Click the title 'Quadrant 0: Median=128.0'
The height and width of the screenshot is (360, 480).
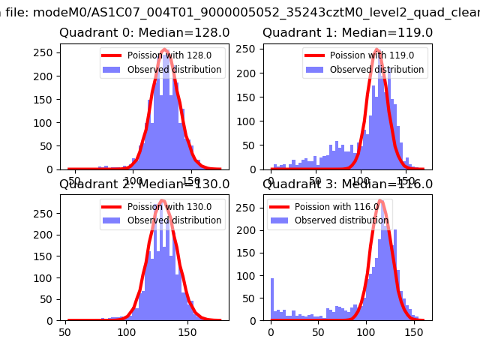point(144,33)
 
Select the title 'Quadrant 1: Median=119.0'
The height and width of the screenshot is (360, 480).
point(347,33)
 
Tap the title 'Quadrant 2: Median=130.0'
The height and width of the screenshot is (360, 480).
point(144,184)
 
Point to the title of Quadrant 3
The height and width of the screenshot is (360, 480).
point(347,184)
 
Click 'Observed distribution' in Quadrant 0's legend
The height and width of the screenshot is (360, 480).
point(184,70)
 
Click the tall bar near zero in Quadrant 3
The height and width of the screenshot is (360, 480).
point(272,299)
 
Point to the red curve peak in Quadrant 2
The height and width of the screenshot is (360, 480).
point(161,201)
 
